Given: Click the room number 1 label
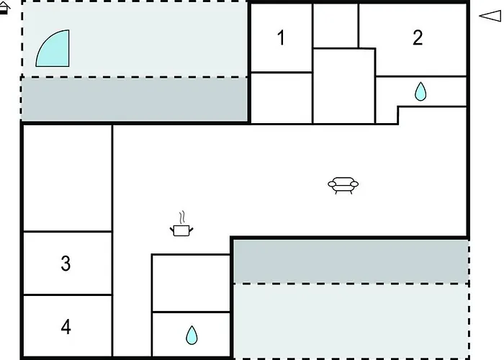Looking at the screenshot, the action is tap(282, 38).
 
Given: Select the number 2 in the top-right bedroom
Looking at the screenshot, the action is tap(418, 37).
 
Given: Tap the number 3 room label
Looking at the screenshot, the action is tap(66, 264).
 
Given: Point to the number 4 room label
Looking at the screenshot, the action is tap(66, 327).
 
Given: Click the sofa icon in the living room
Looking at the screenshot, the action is tap(343, 186).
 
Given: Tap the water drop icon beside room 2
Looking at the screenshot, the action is tap(420, 91).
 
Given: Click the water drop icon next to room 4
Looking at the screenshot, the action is tap(192, 336).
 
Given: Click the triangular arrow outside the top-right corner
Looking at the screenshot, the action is tap(490, 15).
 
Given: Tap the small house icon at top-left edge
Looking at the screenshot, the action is tap(5, 8).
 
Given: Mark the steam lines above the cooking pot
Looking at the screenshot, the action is tap(182, 217).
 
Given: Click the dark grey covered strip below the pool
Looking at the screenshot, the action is tap(135, 99).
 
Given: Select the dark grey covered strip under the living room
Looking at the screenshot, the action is tap(351, 261).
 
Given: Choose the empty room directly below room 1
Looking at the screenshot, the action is tap(282, 98).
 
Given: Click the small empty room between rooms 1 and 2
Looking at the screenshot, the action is tap(336, 26).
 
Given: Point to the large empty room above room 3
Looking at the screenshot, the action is tap(68, 178).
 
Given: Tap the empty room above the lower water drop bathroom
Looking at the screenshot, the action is tap(191, 283).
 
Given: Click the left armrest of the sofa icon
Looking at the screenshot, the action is tap(331, 184).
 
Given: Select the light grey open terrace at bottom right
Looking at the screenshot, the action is tap(351, 321).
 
